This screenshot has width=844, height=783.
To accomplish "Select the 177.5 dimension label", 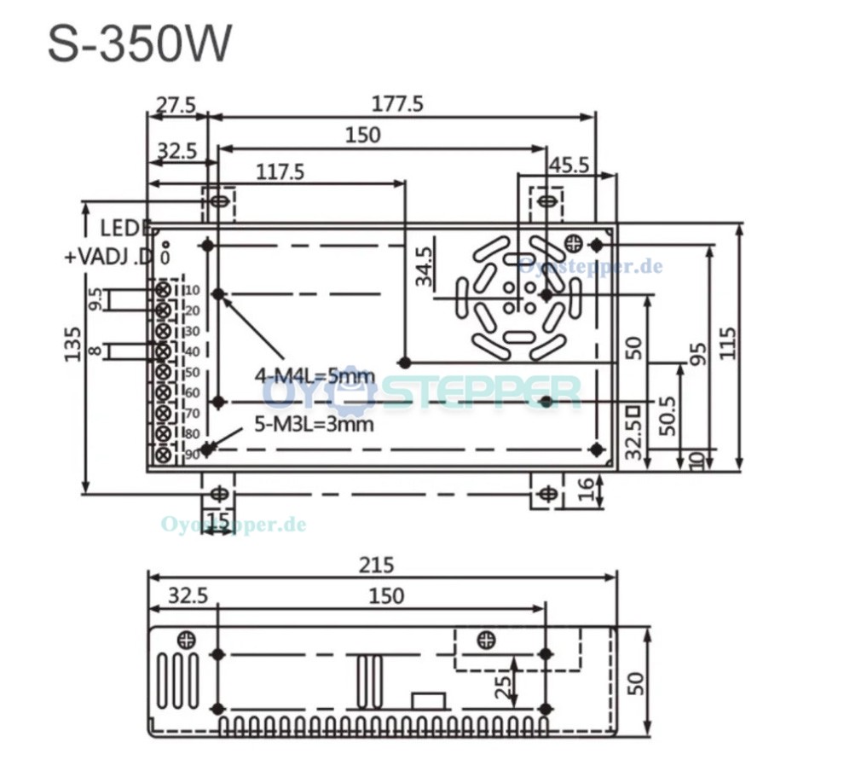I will pyautogui.click(x=398, y=104).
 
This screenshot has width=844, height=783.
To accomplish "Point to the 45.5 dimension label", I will pyautogui.click(x=568, y=165).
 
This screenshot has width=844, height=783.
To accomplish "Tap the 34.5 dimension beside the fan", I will pyautogui.click(x=424, y=266).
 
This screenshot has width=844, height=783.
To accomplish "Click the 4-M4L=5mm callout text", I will pyautogui.click(x=314, y=375).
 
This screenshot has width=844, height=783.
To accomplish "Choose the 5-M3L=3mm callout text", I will pyautogui.click(x=314, y=424).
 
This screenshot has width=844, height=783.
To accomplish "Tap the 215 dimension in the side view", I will pyautogui.click(x=375, y=565).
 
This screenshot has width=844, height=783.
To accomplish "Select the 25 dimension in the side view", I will pyautogui.click(x=502, y=682).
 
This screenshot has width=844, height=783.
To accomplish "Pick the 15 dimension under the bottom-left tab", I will pyautogui.click(x=217, y=519).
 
